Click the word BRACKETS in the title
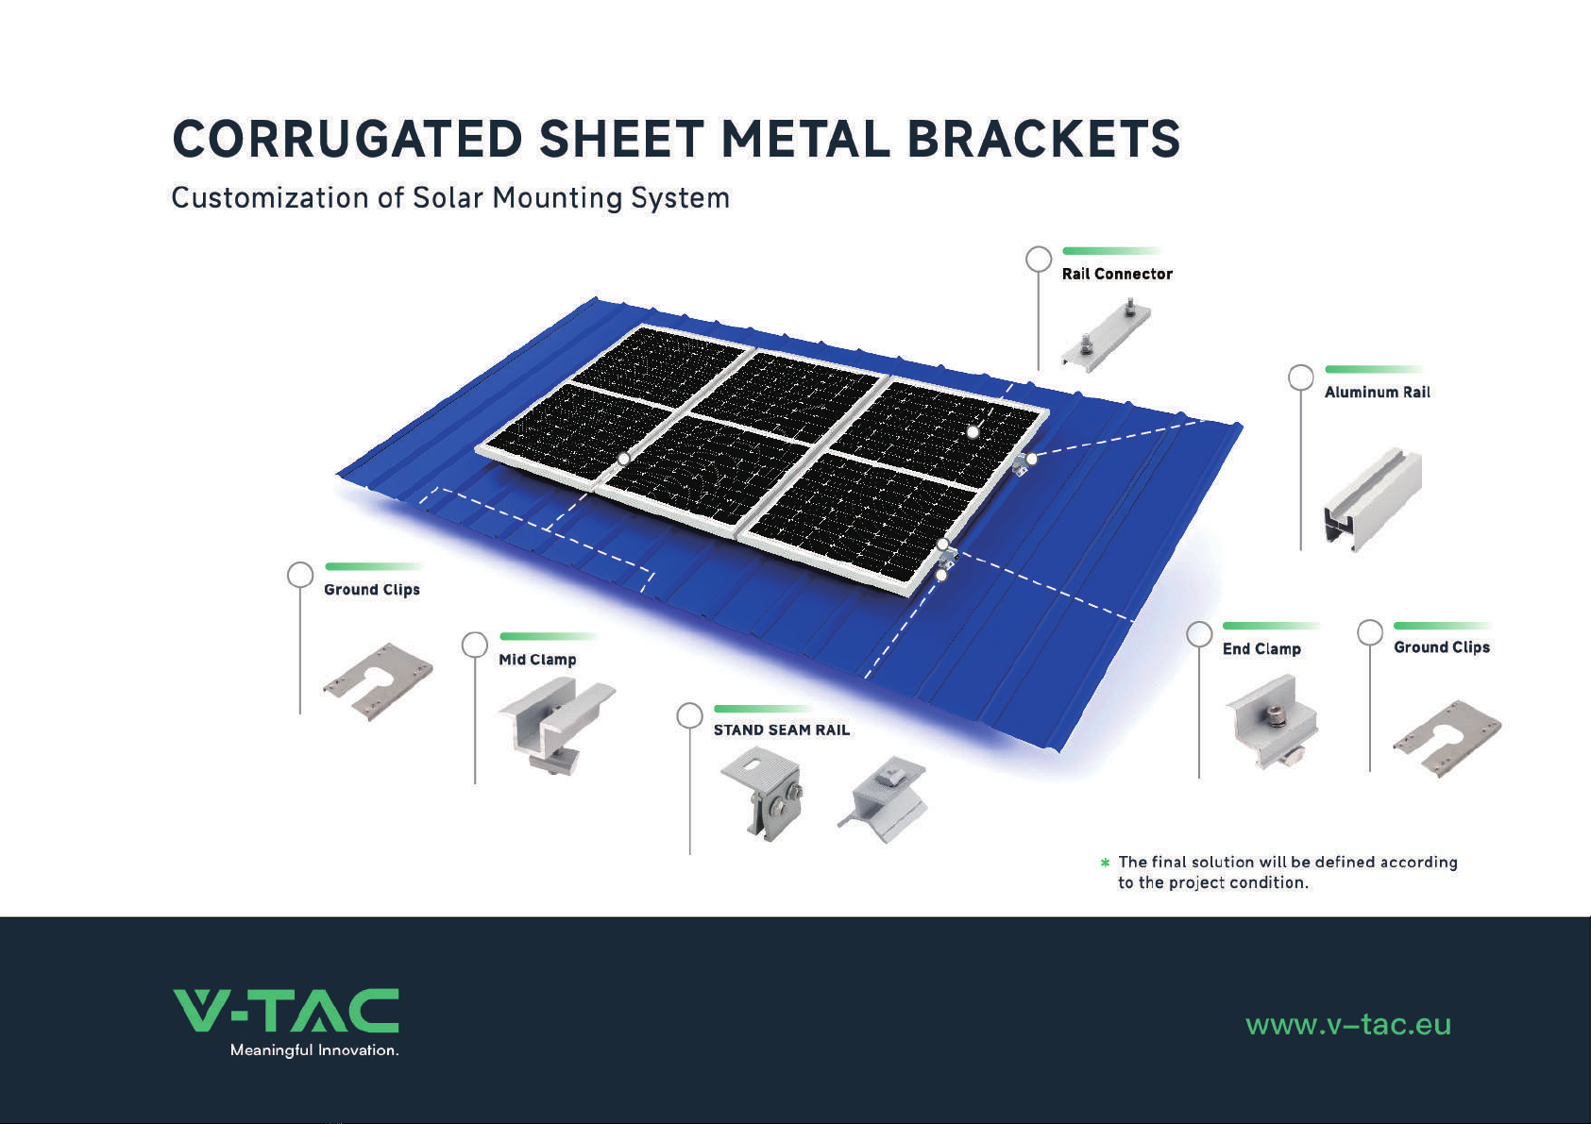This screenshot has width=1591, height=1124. [x=1044, y=139]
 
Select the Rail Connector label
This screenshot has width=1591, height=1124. [x=1117, y=274]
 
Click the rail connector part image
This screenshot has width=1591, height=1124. [x=1106, y=335]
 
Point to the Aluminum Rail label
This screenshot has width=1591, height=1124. [x=1378, y=392]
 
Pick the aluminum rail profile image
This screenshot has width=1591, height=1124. [x=1373, y=499]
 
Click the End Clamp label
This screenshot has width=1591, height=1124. [x=1261, y=649]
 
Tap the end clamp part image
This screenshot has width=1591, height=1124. [x=1271, y=722]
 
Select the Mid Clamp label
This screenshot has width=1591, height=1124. [x=537, y=660]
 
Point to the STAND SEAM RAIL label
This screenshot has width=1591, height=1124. [x=781, y=730]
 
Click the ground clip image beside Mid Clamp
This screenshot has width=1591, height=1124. [x=378, y=681]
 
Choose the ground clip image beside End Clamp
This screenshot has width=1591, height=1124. [x=1447, y=738]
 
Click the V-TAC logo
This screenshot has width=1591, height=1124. [x=286, y=1010]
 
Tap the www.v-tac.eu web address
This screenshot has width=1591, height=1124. [x=1348, y=1025]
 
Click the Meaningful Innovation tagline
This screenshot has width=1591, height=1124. [x=314, y=1050]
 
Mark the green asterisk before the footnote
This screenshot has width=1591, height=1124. [x=1105, y=863]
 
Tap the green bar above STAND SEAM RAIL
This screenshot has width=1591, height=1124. [x=763, y=709]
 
